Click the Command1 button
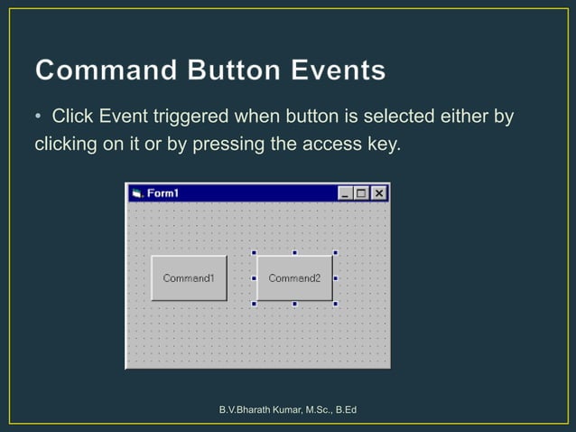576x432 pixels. pyautogui.click(x=189, y=278)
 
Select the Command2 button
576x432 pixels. pyautogui.click(x=294, y=278)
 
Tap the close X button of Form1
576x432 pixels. pyautogui.click(x=379, y=193)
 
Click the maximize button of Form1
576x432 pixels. pyautogui.click(x=362, y=193)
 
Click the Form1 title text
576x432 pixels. pyautogui.click(x=163, y=193)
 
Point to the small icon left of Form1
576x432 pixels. pyautogui.click(x=137, y=193)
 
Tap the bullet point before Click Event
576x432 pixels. pyautogui.click(x=39, y=117)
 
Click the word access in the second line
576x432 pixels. pyautogui.click(x=329, y=144)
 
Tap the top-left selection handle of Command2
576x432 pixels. pyautogui.click(x=254, y=253)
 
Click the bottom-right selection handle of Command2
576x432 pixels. pyautogui.click(x=336, y=304)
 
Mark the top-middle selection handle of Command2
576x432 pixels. pyautogui.click(x=294, y=253)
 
